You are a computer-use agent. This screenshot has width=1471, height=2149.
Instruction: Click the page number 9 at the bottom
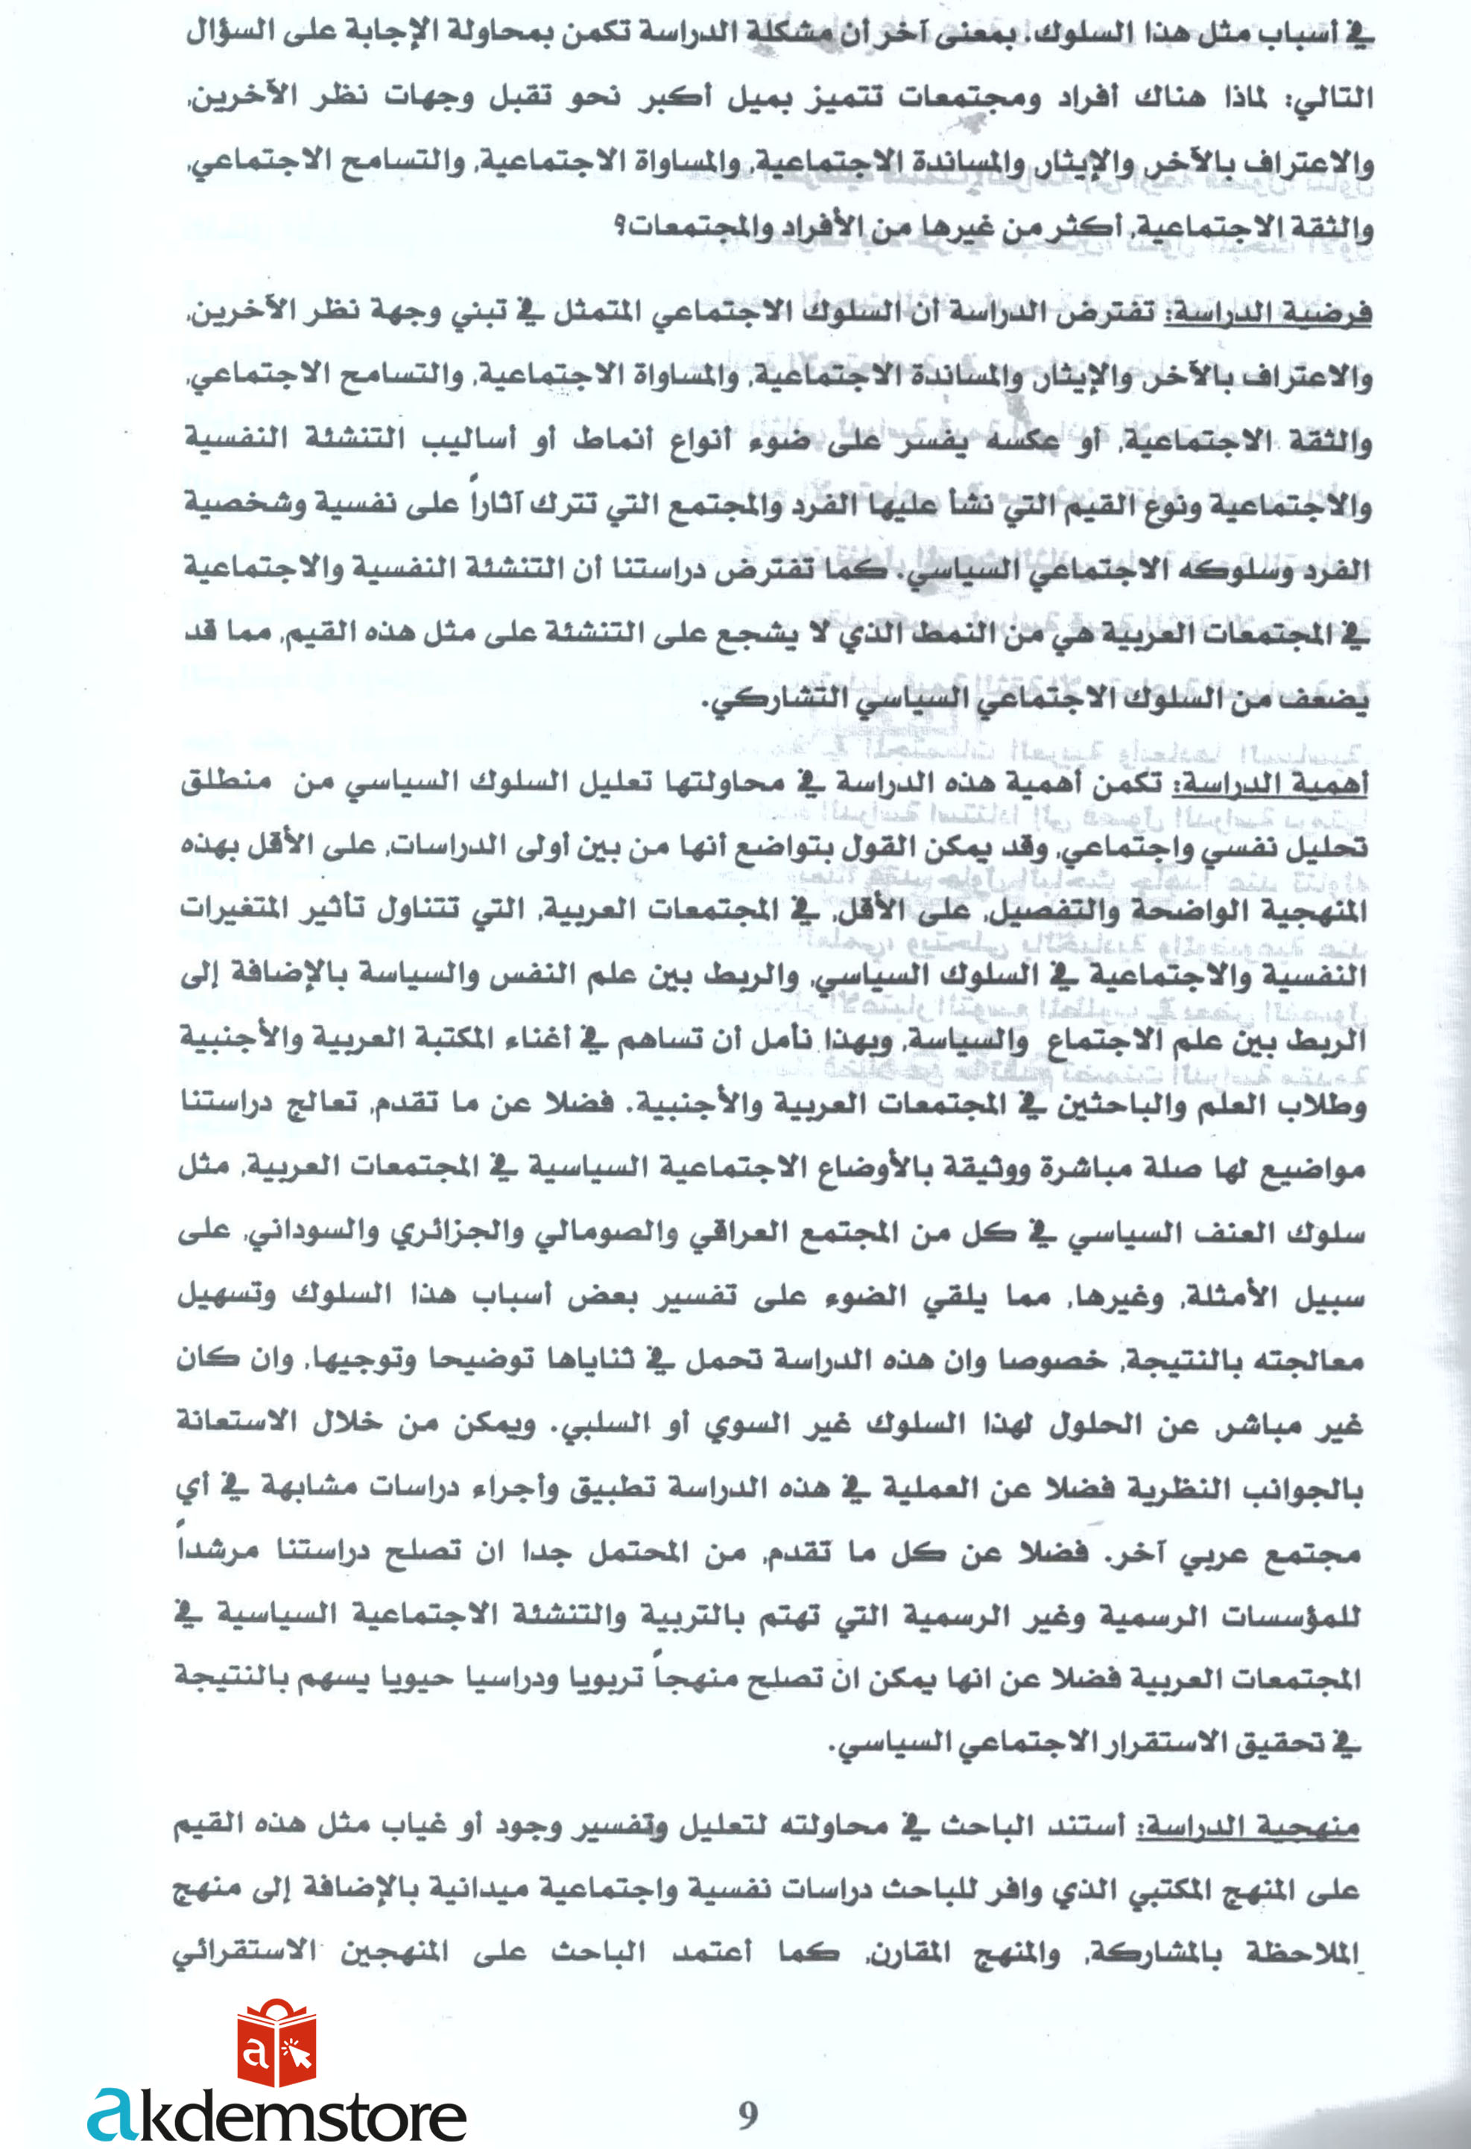click(747, 2114)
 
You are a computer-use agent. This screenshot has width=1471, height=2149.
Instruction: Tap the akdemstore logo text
click(277, 2115)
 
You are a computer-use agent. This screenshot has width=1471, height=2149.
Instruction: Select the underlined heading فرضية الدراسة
click(1267, 314)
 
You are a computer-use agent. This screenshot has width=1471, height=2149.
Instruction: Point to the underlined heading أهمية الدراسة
click(1273, 785)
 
